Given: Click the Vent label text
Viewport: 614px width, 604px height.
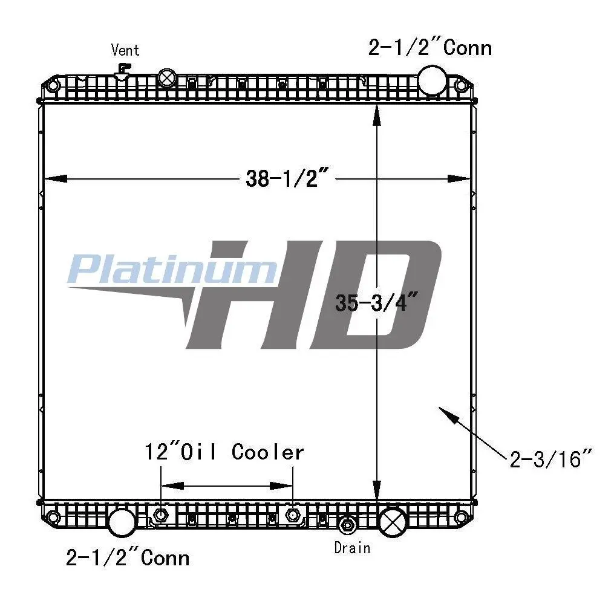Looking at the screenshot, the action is (125, 50).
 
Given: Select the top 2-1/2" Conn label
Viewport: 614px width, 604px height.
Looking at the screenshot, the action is (430, 48).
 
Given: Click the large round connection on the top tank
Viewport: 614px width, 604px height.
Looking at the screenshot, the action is (432, 80).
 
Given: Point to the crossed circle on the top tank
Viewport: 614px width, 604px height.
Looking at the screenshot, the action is (167, 78).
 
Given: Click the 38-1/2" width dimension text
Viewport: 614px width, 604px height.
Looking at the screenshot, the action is (287, 178).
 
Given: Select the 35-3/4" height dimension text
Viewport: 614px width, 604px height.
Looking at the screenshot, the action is (376, 302).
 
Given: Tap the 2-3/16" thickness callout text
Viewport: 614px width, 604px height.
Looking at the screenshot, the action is (550, 459).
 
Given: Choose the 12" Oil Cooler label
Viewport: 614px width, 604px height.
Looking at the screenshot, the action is (224, 452).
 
